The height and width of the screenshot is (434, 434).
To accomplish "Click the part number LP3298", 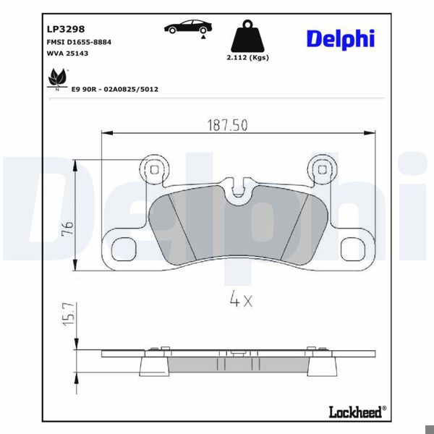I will pos(65,30).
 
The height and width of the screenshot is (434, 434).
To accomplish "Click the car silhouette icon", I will pos(187,28).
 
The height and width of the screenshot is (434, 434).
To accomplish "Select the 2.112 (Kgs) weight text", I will pos(247,58).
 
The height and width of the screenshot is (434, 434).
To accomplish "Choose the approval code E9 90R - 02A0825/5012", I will pos(115,89).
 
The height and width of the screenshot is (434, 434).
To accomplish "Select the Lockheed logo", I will pos(356,412).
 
